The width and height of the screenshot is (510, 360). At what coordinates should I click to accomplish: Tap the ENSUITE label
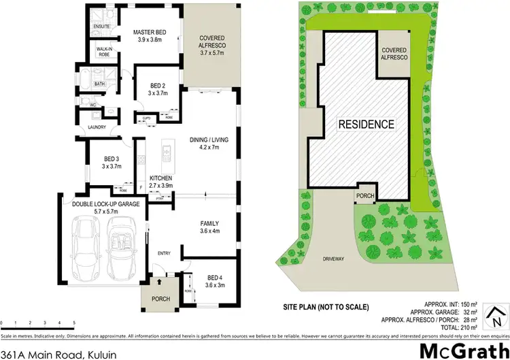(x=92, y=27)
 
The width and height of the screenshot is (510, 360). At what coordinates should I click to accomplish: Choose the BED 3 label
(x=93, y=159)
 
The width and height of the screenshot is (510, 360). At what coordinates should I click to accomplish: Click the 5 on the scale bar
(x=74, y=323)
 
